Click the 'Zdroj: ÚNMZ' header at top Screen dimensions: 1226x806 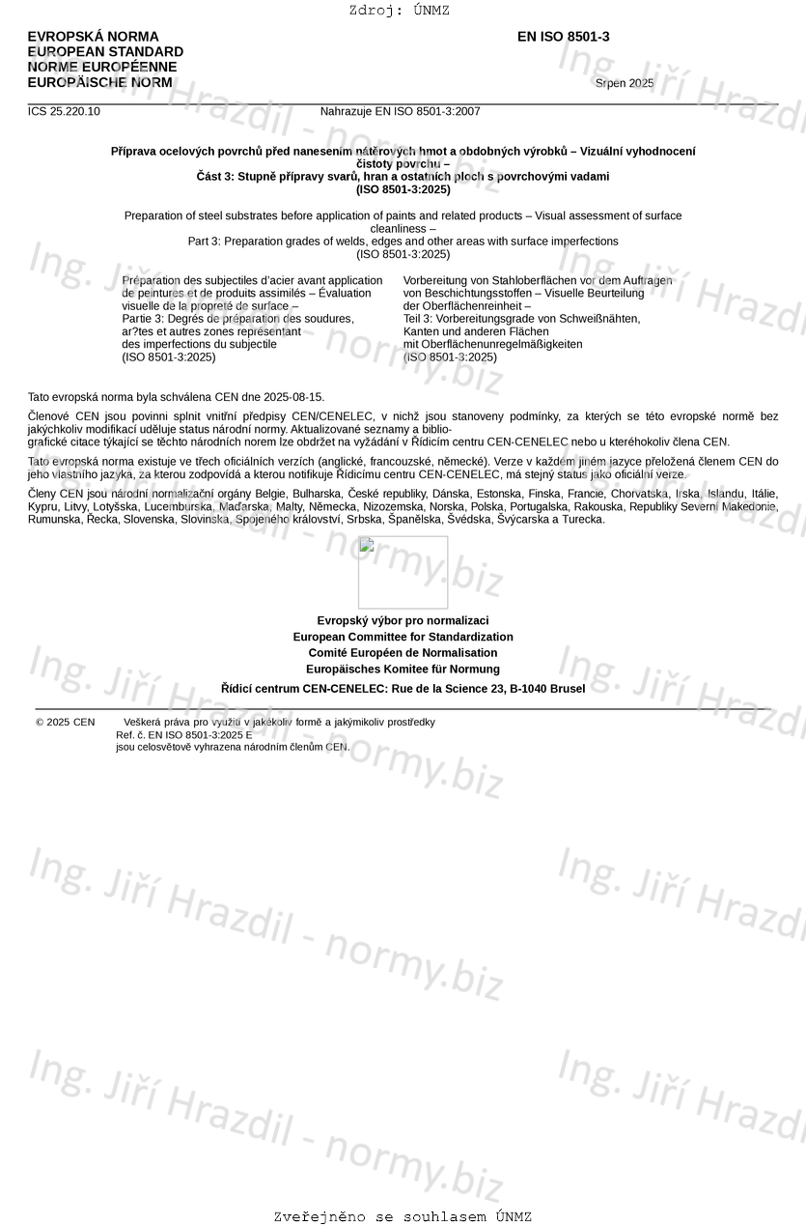tap(399, 11)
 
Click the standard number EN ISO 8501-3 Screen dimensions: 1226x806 tap(563, 37)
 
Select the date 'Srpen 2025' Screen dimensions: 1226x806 tap(624, 83)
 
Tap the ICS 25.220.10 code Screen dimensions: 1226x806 tap(64, 111)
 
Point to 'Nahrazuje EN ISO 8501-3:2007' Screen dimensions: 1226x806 tap(400, 111)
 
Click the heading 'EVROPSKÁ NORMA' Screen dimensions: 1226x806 tap(93, 37)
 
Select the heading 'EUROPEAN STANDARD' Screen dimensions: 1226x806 tap(105, 52)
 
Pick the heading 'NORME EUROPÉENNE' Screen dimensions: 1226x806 tap(102, 68)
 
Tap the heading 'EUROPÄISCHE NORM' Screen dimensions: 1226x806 tap(99, 83)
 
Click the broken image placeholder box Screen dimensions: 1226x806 tap(403, 572)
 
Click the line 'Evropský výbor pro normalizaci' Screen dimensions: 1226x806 tap(403, 620)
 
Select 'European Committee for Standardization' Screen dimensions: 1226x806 tap(403, 637)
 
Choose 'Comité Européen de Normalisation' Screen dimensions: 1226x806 tap(403, 653)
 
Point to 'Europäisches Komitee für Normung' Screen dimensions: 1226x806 tap(403, 669)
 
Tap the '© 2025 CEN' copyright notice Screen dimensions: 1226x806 tap(66, 722)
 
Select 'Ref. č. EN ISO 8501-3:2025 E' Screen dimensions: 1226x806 tap(183, 734)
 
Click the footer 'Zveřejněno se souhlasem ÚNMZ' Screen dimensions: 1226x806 tap(403, 1217)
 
